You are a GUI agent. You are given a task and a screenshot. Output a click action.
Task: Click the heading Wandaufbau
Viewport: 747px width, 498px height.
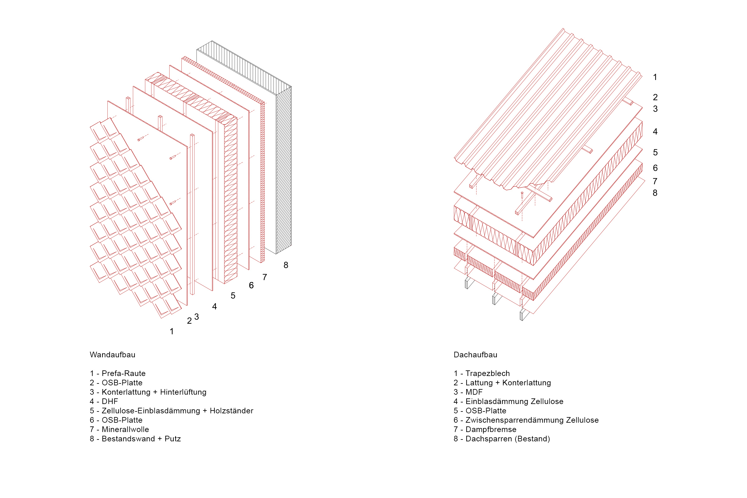point(112,355)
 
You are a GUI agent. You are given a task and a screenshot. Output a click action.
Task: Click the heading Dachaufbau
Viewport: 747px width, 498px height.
point(475,355)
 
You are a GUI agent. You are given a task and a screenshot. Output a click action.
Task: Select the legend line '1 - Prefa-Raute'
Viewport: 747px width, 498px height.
point(118,374)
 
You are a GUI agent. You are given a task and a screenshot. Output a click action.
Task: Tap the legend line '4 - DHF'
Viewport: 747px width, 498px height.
point(104,402)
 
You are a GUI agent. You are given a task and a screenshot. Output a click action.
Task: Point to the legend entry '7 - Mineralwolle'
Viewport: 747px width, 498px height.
point(120,430)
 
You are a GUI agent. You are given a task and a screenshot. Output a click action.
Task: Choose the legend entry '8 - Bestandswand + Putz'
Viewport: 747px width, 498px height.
point(135,439)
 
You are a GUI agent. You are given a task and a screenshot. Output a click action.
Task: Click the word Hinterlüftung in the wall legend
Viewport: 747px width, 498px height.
point(183,392)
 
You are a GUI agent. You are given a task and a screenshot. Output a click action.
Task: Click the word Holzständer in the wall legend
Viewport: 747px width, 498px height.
point(231,411)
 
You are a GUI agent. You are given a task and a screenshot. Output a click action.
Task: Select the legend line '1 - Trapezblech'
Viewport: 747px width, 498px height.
point(482,374)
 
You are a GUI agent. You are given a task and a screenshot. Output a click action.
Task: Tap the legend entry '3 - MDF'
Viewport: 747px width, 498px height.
point(468,392)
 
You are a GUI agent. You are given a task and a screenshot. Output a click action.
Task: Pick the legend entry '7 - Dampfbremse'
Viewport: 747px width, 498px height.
point(485,430)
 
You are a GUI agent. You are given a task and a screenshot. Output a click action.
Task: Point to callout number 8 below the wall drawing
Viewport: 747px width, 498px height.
point(286,265)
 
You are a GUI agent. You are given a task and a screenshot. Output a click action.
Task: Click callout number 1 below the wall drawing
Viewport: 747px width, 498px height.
point(172,331)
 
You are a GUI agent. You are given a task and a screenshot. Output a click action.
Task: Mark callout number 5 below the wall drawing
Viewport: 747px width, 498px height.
point(233,296)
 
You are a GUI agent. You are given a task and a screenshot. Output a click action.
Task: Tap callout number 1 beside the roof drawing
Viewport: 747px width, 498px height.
point(655,77)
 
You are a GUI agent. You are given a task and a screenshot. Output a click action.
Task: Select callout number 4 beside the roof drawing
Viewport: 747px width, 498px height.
point(655,131)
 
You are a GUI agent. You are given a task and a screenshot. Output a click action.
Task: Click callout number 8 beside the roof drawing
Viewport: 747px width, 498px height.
point(655,193)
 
